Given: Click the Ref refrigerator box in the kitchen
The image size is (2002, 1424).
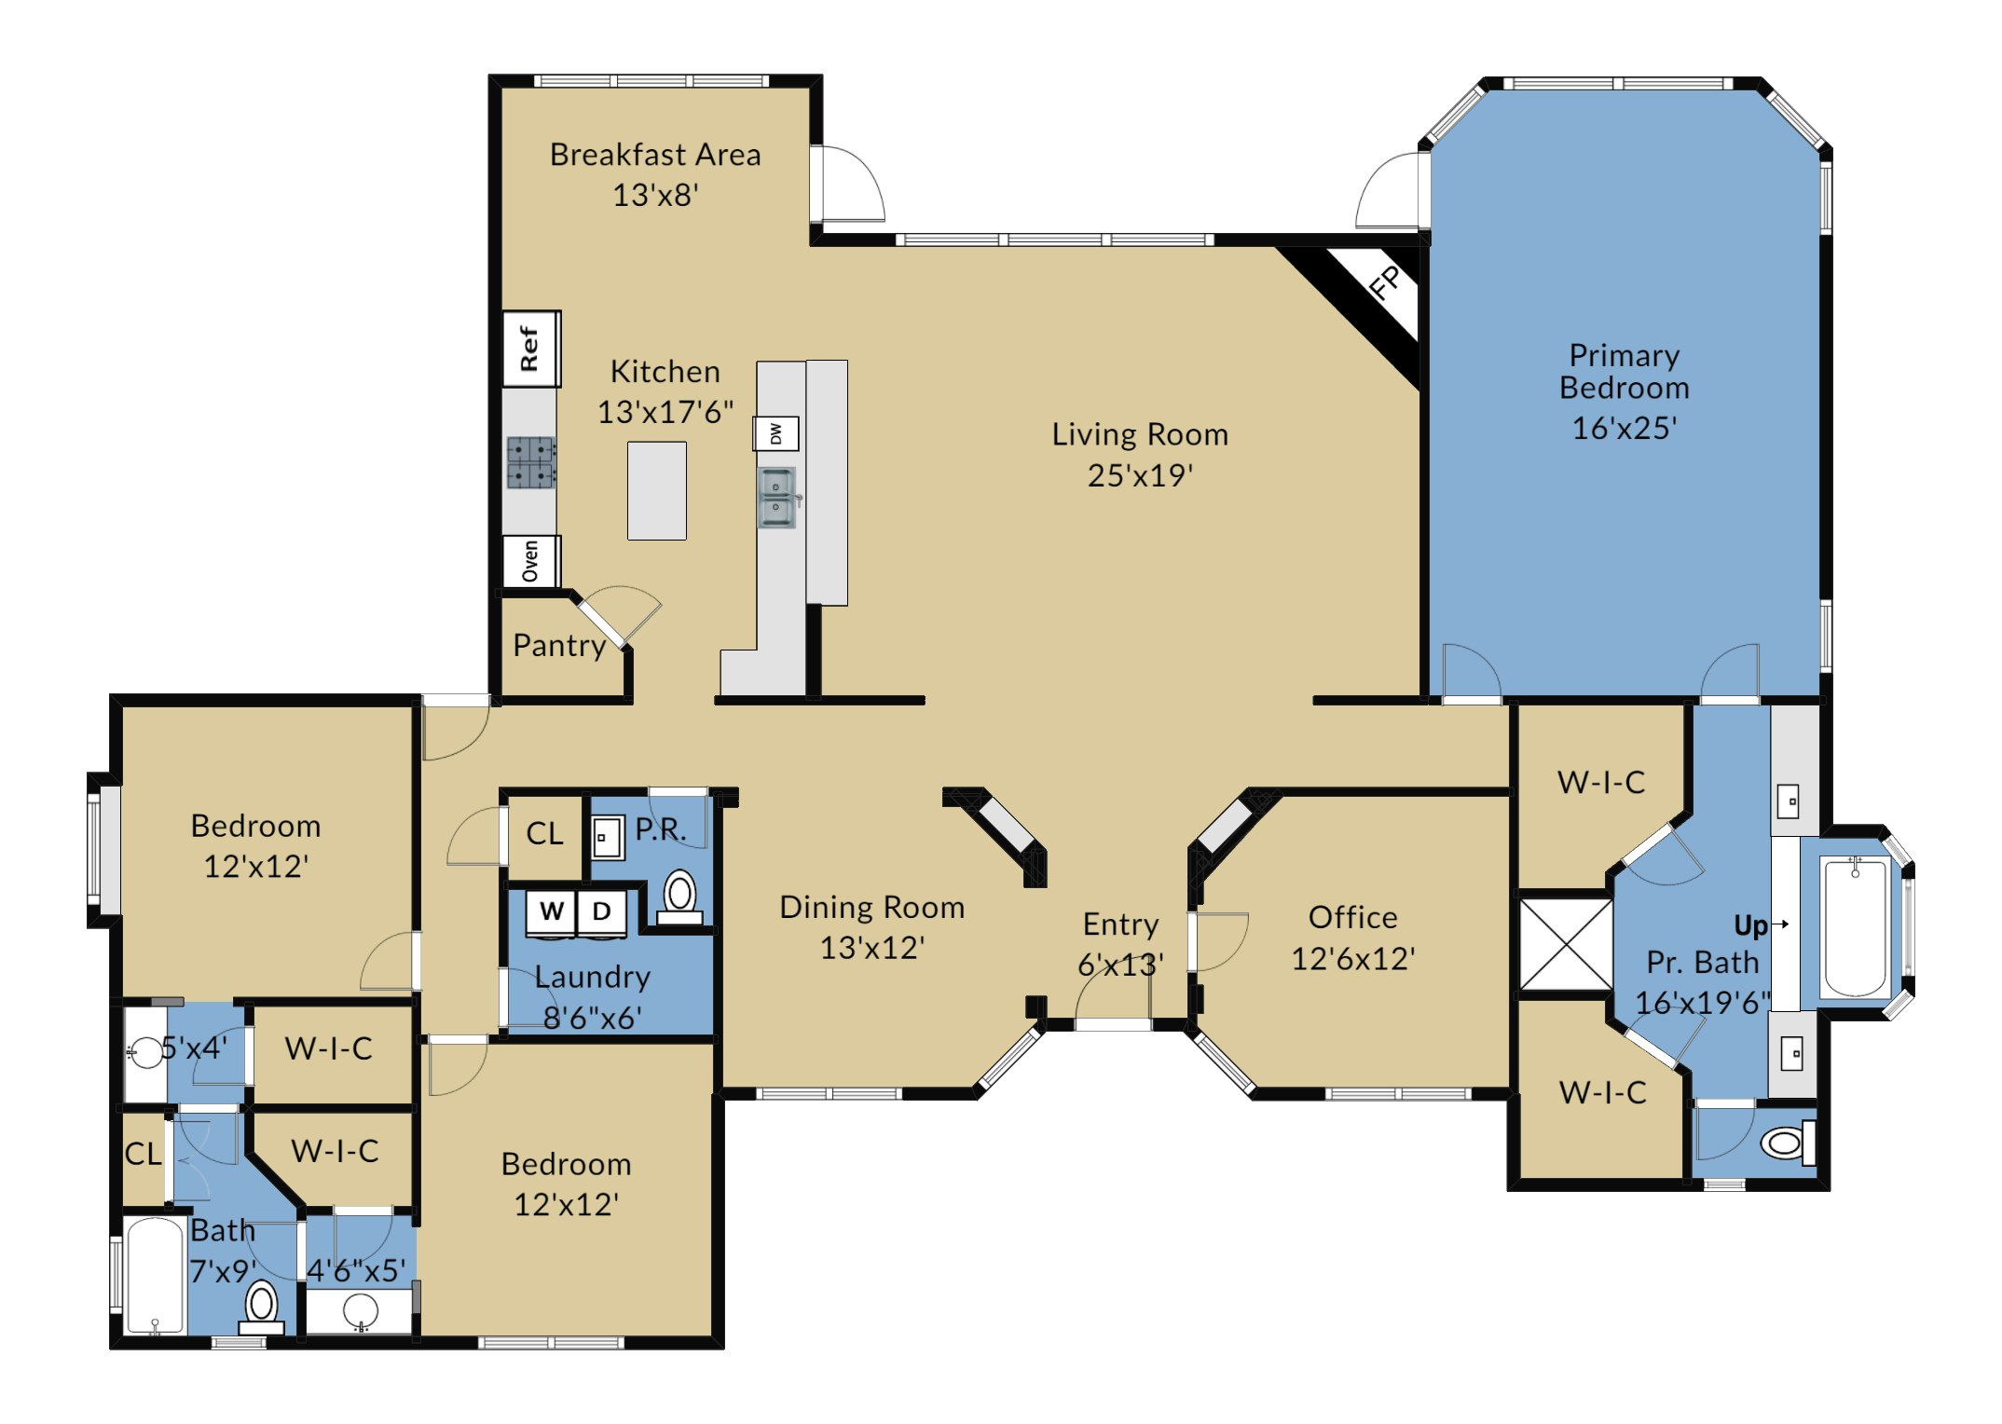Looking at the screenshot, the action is point(531,349).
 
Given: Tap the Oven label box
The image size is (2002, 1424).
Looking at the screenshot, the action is point(531,561).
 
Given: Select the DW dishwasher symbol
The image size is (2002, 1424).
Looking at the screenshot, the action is point(776,433).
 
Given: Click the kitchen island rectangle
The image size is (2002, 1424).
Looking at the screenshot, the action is point(657,490).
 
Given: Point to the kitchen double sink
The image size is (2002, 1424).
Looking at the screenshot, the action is point(777,497).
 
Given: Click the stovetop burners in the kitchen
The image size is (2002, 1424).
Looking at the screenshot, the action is point(530,462).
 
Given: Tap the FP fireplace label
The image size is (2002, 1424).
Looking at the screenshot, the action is point(1385,282).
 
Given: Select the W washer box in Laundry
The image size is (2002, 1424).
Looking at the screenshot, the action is point(552,911).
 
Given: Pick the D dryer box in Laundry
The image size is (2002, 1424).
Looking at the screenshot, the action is point(602,911).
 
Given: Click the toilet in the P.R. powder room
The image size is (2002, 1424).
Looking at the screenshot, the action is point(679,897).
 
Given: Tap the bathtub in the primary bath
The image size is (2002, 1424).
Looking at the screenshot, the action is point(1855,928).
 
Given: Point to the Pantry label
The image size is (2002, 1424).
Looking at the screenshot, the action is point(559,645).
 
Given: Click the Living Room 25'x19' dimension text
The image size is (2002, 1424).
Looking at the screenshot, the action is point(1140,475).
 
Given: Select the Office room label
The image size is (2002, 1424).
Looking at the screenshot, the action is point(1353,917).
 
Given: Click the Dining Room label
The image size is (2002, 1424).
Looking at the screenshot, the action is point(872,907).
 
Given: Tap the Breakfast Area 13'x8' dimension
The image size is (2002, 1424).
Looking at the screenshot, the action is point(655,195).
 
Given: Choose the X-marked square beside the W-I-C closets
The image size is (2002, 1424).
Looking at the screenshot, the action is point(1566,944).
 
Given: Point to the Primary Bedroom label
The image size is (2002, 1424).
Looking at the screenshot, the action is point(1625,371).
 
